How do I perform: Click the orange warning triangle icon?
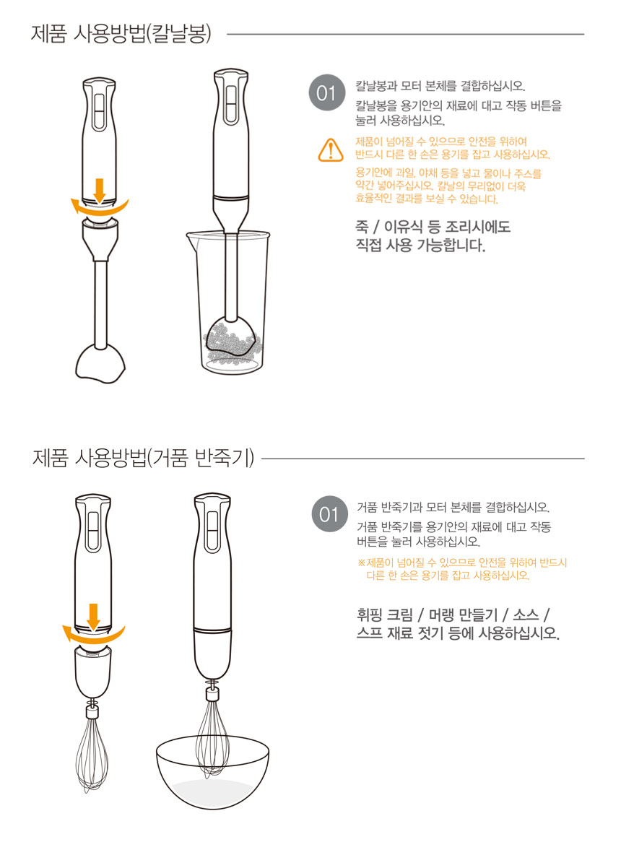[x=331, y=150]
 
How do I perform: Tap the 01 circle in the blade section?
[x=326, y=92]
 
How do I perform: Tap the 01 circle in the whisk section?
[x=329, y=513]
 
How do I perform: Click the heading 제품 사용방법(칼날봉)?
[x=121, y=34]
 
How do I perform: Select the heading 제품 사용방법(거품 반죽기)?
[x=144, y=458]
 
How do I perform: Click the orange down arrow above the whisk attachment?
[x=93, y=616]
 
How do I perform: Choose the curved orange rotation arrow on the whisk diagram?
[x=92, y=636]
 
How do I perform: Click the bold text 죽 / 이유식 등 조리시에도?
[x=433, y=227]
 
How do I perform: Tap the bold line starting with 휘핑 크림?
[x=453, y=615]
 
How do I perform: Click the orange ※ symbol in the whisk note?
[x=361, y=563]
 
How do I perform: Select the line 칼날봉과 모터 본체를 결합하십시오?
[x=440, y=86]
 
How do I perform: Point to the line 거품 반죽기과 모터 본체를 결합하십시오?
[x=453, y=508]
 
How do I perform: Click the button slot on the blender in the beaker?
[x=232, y=104]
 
